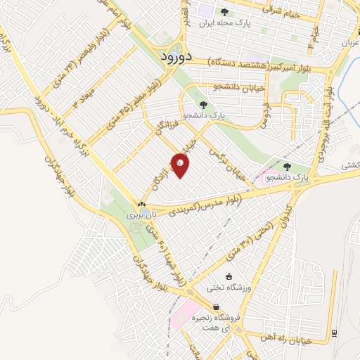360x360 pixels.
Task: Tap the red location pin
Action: click(180, 163)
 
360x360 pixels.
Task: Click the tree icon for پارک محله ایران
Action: click(224, 12)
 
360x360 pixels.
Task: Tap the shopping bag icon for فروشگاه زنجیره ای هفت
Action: click(216, 307)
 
